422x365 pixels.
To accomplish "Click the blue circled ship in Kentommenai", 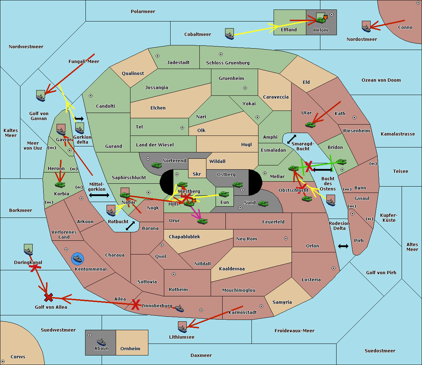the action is (x=77, y=259).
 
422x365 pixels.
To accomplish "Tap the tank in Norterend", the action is (x=157, y=165).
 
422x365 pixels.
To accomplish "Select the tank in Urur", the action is (x=202, y=221).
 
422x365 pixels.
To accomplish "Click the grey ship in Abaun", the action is (x=102, y=342).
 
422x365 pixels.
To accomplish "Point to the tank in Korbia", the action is (x=60, y=184).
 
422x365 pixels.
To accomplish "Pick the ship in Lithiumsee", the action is (x=182, y=327).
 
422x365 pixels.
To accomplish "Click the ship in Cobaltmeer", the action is (x=229, y=34).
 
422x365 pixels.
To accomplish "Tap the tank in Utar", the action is (x=310, y=125).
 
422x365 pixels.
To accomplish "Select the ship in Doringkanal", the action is (x=28, y=250).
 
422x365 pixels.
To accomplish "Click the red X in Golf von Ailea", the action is (x=49, y=297).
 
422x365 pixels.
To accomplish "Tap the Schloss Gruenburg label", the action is (x=228, y=63).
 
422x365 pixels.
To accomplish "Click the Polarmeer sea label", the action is (x=143, y=12).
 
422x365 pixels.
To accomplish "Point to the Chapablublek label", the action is (x=184, y=237).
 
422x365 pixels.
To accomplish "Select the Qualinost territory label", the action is (x=133, y=73).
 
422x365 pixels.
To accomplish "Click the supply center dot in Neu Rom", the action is (x=286, y=238).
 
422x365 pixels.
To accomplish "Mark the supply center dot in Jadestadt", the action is (x=158, y=56).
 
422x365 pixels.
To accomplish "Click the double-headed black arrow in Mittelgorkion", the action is (x=99, y=195).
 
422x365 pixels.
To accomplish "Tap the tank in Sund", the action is (x=263, y=203).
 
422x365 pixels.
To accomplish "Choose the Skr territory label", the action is (x=197, y=174).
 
